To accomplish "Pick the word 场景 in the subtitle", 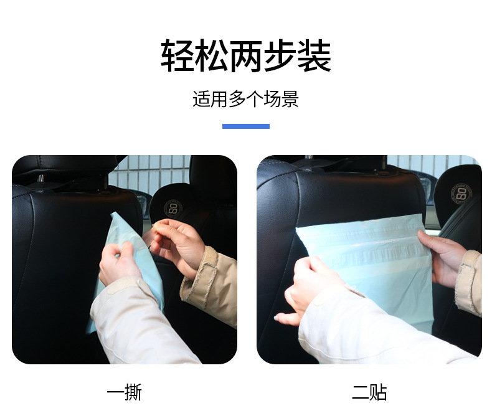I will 281,99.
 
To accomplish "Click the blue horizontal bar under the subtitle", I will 246,126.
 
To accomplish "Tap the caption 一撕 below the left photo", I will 125,392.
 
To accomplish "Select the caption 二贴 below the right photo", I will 369,392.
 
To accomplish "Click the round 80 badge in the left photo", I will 173,207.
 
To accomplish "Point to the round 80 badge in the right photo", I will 461,192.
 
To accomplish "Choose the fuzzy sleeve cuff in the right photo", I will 468,280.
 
